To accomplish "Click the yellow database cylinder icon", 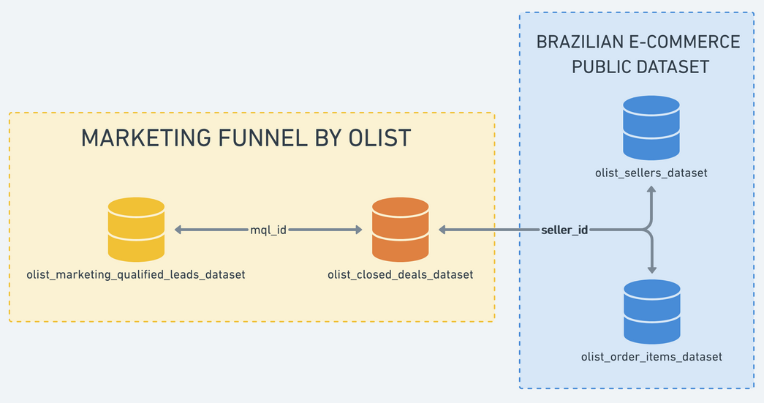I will (136, 230).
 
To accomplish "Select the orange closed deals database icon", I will (400, 230).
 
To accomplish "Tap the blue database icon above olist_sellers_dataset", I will (651, 129).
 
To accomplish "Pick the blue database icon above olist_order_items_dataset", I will (651, 312).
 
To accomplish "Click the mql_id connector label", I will (268, 230).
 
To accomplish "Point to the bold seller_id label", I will (564, 230).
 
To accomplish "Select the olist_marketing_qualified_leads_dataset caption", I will (136, 275).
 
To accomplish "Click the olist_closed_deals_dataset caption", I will (400, 275).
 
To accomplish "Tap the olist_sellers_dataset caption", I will (651, 173).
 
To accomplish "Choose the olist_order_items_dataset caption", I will (651, 357).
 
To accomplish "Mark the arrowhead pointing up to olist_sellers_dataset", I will (651, 189).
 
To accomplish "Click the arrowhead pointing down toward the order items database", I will (651, 269).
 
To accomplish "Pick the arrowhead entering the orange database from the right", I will (443, 230).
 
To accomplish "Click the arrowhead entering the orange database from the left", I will (358, 230).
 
